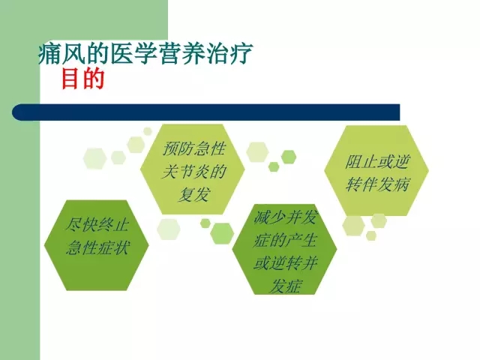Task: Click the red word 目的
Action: tap(83, 79)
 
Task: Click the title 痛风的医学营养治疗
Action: tap(145, 53)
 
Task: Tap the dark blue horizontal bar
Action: tap(205, 112)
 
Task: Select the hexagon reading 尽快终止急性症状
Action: tap(97, 245)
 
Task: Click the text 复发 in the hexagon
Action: tap(193, 194)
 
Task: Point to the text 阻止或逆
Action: tap(376, 162)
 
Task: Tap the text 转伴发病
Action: tap(377, 184)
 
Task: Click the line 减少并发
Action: tap(286, 217)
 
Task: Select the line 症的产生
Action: tap(285, 240)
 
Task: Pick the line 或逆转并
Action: tap(285, 262)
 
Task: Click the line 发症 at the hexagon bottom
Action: tap(285, 285)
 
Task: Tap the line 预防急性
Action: tap(193, 149)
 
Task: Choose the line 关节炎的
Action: tap(193, 172)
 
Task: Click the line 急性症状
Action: tap(97, 247)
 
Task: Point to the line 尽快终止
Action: tap(97, 225)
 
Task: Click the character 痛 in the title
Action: tap(50, 53)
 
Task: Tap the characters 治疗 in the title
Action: tap(229, 53)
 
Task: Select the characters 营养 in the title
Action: tap(181, 53)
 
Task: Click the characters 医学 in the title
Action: tap(133, 53)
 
